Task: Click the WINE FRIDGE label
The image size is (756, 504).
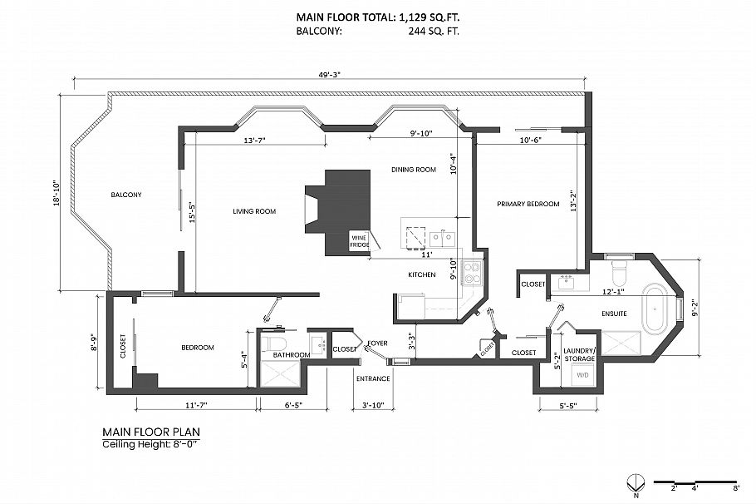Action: point(360,240)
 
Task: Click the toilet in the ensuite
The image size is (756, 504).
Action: point(617,270)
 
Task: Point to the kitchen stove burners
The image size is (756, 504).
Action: point(472,272)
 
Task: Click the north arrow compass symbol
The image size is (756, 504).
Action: point(635,482)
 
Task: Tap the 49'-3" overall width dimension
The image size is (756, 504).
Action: point(331,74)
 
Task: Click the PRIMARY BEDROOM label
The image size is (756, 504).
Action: point(528,204)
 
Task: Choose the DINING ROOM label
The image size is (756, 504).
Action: point(414,170)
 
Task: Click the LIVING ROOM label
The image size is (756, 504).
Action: point(254,211)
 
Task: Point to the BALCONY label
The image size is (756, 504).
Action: point(126,195)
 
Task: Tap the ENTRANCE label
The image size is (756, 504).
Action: point(373,378)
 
